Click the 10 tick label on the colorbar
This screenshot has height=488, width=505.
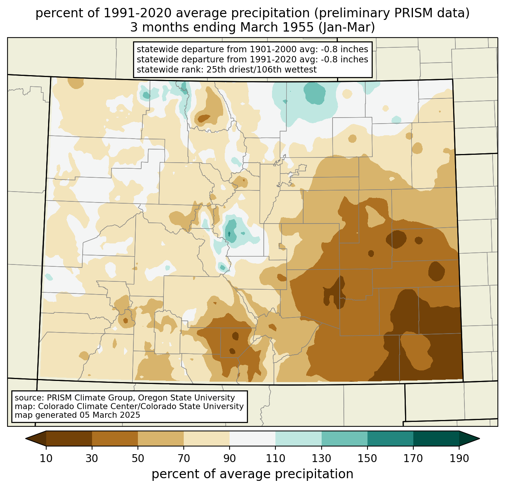[x=46, y=458]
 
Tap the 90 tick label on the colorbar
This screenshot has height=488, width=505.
[x=230, y=458]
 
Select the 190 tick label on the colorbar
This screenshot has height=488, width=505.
[x=459, y=458]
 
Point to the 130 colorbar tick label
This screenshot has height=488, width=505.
[x=321, y=458]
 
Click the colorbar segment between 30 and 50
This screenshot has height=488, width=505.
[x=115, y=438]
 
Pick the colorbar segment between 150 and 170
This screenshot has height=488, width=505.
[x=390, y=438]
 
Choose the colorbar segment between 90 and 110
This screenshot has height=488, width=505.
[x=252, y=438]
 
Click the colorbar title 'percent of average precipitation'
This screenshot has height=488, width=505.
[x=252, y=474]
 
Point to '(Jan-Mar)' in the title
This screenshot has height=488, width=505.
[x=346, y=27]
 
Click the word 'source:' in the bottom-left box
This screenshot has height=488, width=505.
[x=29, y=398]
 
